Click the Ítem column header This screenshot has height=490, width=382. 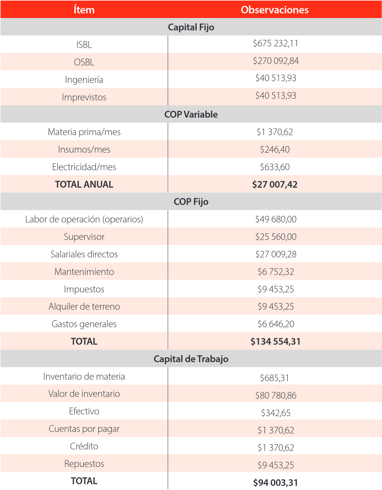click(x=84, y=10)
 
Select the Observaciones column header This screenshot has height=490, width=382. click(x=275, y=10)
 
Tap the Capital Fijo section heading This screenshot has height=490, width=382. click(x=191, y=27)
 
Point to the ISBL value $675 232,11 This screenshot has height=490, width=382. click(x=276, y=43)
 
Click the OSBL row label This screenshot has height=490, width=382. click(x=84, y=62)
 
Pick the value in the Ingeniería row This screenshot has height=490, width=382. click(x=276, y=78)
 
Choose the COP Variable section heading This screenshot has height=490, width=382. click(x=191, y=115)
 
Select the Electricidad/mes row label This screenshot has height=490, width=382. click(x=84, y=167)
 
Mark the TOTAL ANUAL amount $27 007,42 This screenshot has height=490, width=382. click(x=276, y=184)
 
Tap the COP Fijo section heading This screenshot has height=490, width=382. click(x=191, y=202)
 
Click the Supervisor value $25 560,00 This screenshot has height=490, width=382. click(x=276, y=237)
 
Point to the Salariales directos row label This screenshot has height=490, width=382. click(x=84, y=254)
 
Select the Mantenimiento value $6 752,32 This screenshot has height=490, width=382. click(x=276, y=272)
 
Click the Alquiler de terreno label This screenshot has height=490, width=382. click(x=84, y=307)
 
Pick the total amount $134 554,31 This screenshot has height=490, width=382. click(x=276, y=342)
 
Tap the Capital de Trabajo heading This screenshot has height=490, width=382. click(x=191, y=359)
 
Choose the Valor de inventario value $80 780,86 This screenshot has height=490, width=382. click(x=276, y=395)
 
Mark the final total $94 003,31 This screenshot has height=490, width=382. click(x=276, y=483)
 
